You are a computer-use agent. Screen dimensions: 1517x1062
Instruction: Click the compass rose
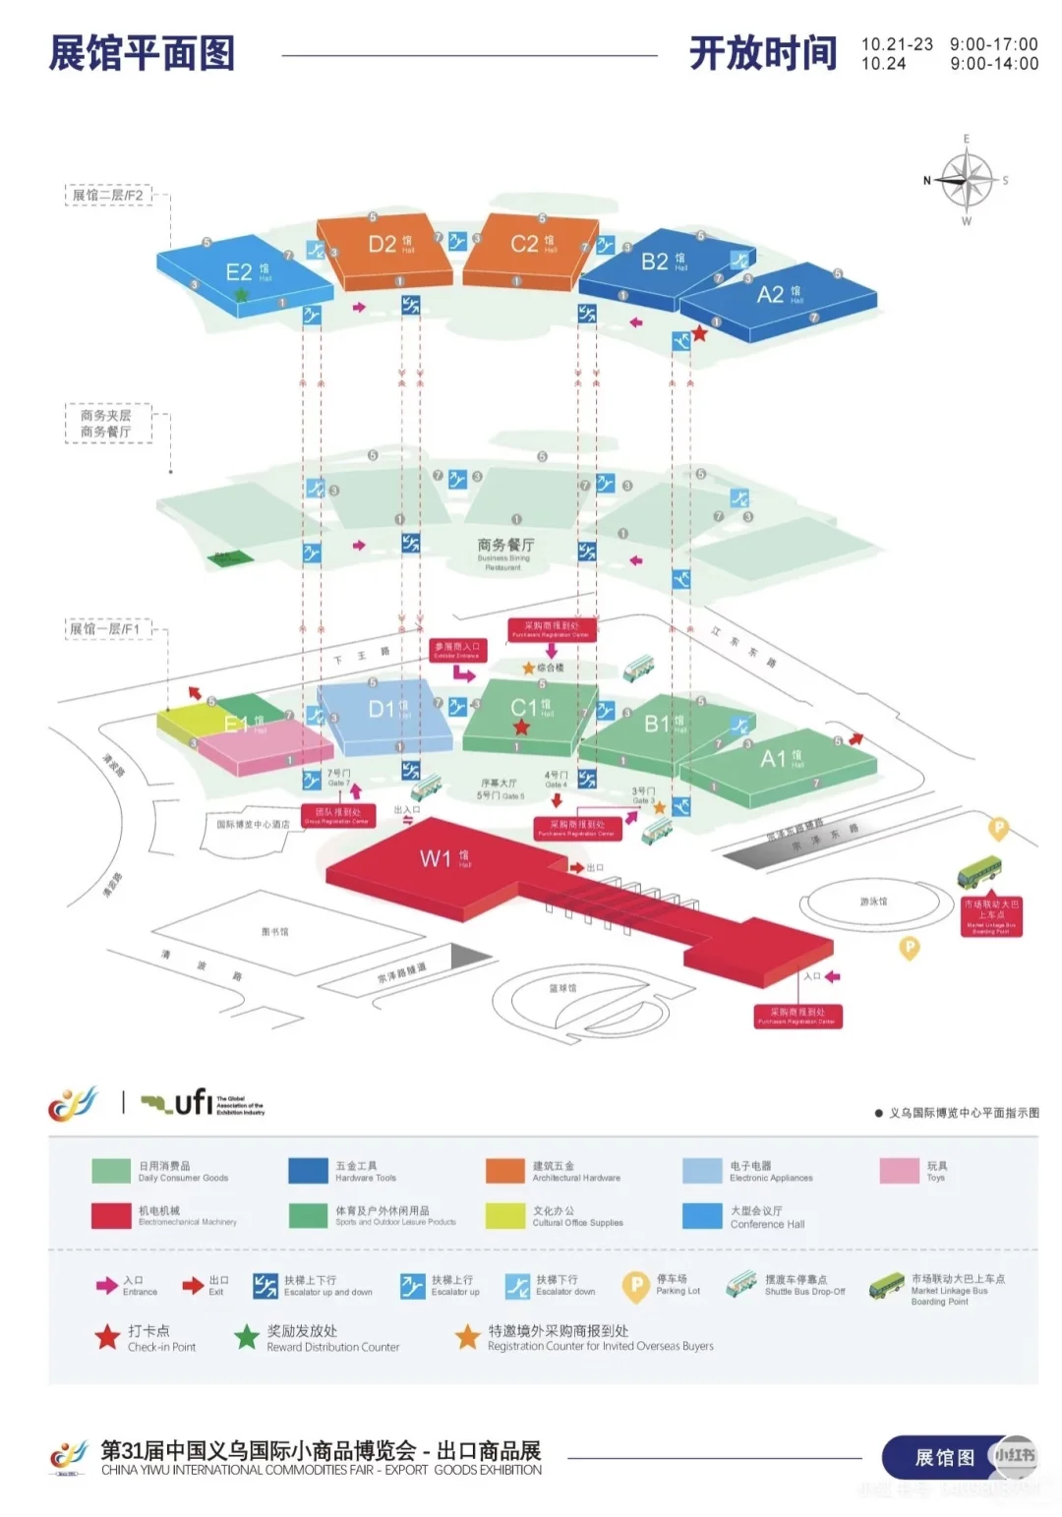pos(966,181)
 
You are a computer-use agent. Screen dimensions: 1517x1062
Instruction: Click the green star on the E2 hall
pos(241,294)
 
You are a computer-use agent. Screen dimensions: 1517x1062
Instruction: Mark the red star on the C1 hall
pos(521,727)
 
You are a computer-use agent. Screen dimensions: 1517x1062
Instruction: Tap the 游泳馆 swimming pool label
pos(873,901)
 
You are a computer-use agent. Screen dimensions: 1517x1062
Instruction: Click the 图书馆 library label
pos(275,931)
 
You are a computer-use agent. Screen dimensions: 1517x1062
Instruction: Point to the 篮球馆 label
pos(562,988)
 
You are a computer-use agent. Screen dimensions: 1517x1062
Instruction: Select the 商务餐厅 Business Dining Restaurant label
pos(505,546)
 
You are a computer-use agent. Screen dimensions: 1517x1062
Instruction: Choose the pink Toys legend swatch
pos(899,1171)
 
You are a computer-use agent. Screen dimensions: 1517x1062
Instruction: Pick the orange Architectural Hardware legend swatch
pos(504,1171)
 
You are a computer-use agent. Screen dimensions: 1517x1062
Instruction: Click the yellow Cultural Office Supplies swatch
pos(504,1216)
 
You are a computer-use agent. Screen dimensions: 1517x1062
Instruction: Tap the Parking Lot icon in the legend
pos(636,1285)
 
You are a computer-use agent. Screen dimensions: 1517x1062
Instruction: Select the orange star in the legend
pos(467,1337)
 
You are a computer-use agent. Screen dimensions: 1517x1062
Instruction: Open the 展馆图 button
pos(944,1457)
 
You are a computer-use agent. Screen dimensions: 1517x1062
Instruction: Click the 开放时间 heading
pos(763,53)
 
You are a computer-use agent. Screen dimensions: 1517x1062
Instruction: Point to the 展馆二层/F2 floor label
pos(108,195)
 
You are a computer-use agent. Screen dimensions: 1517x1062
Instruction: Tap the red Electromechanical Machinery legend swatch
pos(111,1216)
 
